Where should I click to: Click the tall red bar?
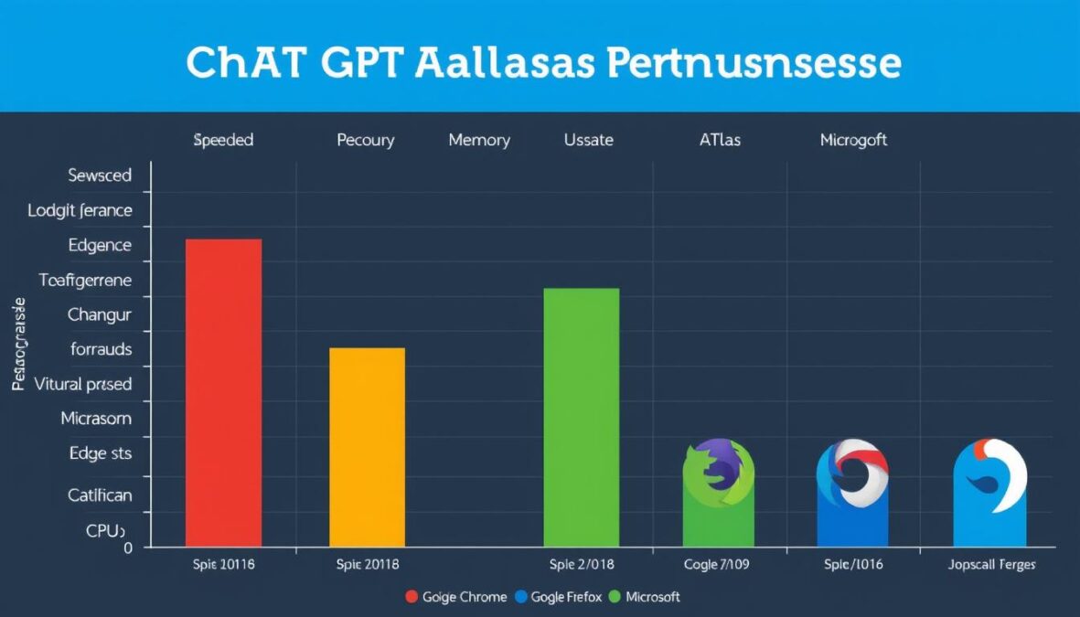pos(223,392)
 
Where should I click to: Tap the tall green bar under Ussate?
pos(581,417)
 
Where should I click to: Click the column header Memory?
pos(479,141)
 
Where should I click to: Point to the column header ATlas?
pos(720,141)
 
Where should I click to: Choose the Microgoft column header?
pos(853,141)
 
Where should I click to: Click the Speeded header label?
pos(223,141)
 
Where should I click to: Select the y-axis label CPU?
pos(103,530)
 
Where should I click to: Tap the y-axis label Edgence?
pos(100,245)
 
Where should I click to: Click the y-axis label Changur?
pos(100,314)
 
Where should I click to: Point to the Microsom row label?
pos(96,419)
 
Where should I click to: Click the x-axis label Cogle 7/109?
pos(716,565)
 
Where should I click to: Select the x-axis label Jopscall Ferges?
pos(991,565)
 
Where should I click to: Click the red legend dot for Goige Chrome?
pos(412,597)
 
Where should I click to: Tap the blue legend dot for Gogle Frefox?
pos(522,597)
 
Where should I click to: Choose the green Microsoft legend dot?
pos(615,597)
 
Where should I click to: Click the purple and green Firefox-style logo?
pos(718,470)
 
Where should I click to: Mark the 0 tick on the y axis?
pos(128,548)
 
